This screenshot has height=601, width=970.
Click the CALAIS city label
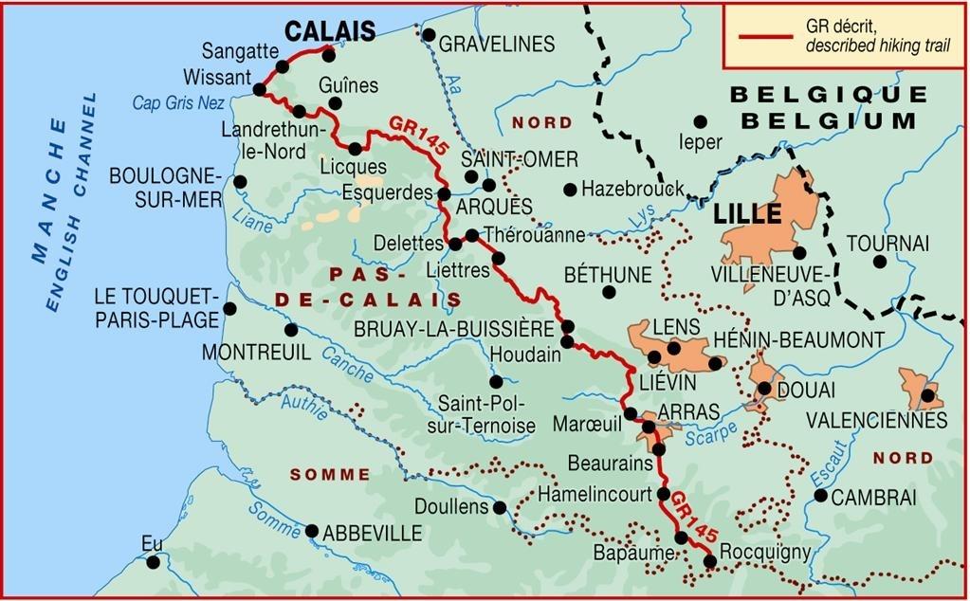(x=330, y=30)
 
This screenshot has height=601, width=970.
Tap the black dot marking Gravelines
(x=429, y=36)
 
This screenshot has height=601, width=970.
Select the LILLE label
(x=747, y=213)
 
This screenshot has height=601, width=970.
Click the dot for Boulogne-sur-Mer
(x=240, y=182)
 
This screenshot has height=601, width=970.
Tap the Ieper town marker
(x=701, y=121)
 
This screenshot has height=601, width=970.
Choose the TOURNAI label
(x=887, y=243)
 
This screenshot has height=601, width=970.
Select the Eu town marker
(x=154, y=562)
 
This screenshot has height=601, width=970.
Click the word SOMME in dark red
(x=330, y=474)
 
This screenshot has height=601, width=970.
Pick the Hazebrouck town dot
(x=570, y=190)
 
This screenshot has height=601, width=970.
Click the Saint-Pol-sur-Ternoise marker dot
(x=495, y=382)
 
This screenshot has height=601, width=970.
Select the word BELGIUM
(x=829, y=120)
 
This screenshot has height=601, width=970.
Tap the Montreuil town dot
(x=291, y=330)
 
